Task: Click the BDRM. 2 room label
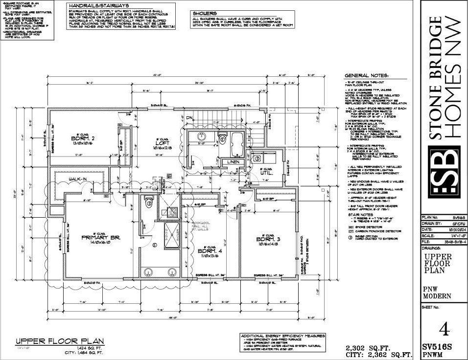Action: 82,138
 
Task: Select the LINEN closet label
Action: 232,162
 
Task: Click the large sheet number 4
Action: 444,327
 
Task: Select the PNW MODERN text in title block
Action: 435,292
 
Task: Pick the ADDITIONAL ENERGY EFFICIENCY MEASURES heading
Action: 283,336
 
